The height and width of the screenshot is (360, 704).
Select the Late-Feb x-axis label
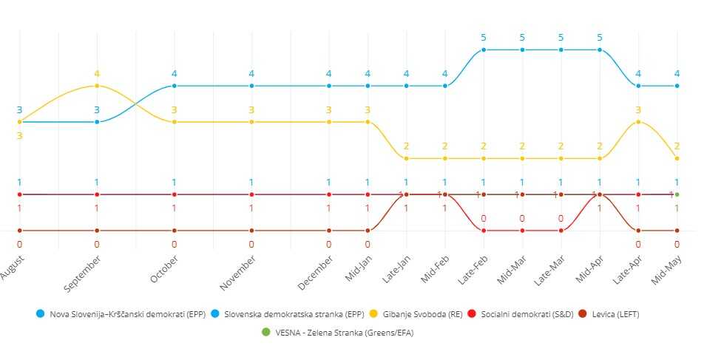click(471, 265)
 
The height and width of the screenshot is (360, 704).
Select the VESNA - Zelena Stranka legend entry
click(338, 332)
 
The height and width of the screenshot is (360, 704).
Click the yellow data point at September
click(97, 86)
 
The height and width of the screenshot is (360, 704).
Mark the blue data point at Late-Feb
click(484, 50)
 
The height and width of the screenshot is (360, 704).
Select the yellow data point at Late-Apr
click(638, 122)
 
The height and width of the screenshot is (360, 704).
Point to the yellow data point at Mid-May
click(677, 158)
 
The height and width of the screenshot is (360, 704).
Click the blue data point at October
click(175, 86)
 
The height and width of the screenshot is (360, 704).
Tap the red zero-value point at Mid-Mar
click(522, 231)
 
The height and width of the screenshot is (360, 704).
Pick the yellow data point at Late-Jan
click(406, 158)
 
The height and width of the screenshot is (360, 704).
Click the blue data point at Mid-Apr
click(600, 50)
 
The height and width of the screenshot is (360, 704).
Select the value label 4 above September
click(97, 73)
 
